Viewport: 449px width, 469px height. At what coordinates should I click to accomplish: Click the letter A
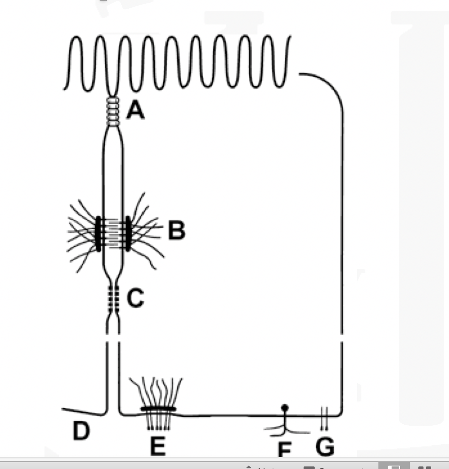[x=135, y=111]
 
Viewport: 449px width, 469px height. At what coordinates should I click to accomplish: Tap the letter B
[x=176, y=231]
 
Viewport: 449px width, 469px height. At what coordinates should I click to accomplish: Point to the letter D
[x=81, y=431]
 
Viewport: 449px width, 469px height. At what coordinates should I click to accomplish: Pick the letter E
[x=158, y=446]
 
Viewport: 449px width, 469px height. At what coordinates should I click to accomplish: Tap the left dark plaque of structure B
[x=98, y=233]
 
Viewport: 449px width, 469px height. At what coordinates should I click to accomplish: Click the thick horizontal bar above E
[x=158, y=409]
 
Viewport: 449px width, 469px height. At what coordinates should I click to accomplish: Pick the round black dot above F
[x=285, y=407]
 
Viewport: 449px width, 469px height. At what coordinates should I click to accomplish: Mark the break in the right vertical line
[x=342, y=338]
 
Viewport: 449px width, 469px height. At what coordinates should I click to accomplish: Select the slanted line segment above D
[x=83, y=411]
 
